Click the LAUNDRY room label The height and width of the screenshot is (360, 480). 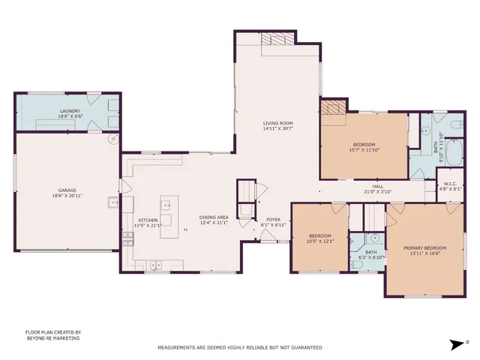tap(70, 111)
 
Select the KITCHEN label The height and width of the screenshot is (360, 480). tap(147, 220)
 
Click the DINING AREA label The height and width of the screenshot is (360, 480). tap(213, 217)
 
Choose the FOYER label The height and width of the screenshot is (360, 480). tap(273, 220)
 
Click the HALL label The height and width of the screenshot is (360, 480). tap(379, 187)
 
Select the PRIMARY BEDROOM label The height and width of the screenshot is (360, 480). tap(424, 247)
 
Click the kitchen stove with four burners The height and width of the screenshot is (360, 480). tap(127, 238)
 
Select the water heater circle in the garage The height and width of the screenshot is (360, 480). tap(114, 139)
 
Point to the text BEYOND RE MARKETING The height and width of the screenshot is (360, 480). tap(52, 338)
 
